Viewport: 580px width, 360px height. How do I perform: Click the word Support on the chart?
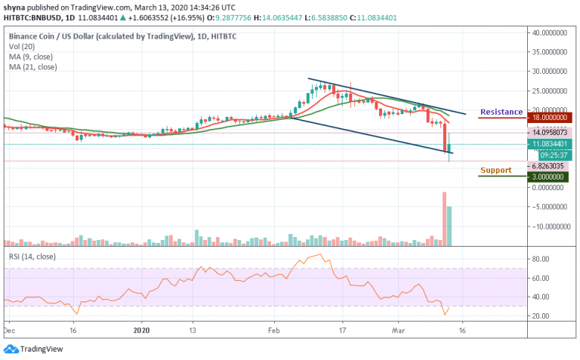coord(495,170)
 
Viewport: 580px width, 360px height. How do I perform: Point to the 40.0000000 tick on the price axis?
coord(551,33)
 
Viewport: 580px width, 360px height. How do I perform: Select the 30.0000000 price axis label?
coord(551,72)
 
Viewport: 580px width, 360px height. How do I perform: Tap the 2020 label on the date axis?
coord(142,329)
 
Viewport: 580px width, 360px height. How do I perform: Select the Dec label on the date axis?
coord(9,329)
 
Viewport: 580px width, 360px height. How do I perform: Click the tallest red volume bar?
coord(443,219)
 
